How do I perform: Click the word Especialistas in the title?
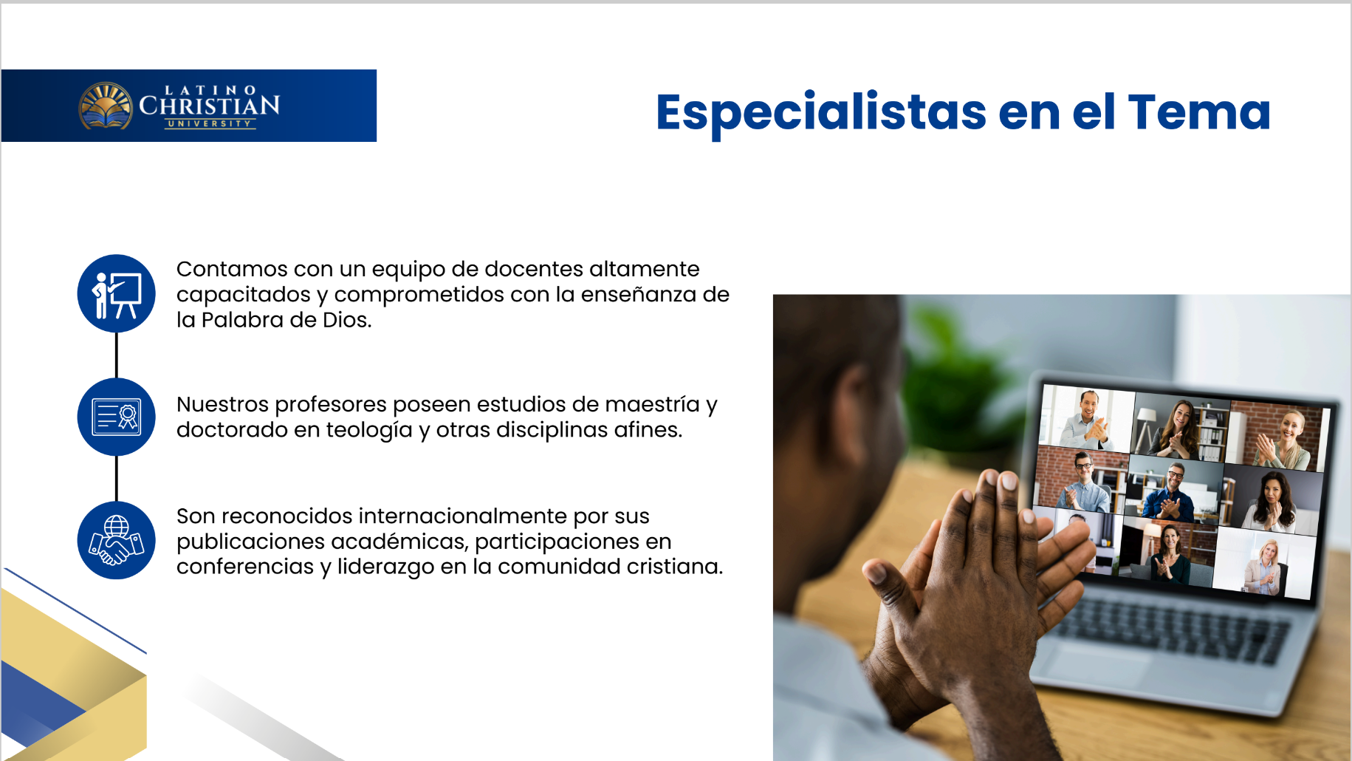pyautogui.click(x=821, y=113)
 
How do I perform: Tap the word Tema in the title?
pyautogui.click(x=1199, y=112)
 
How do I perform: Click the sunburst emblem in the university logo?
pyautogui.click(x=106, y=106)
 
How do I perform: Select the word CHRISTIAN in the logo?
pyautogui.click(x=210, y=106)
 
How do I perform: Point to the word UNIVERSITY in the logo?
pyautogui.click(x=210, y=123)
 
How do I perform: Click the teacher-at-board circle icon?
pyautogui.click(x=116, y=293)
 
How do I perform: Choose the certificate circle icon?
pyautogui.click(x=116, y=417)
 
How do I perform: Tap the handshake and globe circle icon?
pyautogui.click(x=116, y=540)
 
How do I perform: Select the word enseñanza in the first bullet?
pyautogui.click(x=638, y=295)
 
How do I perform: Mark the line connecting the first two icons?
pyautogui.click(x=117, y=355)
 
